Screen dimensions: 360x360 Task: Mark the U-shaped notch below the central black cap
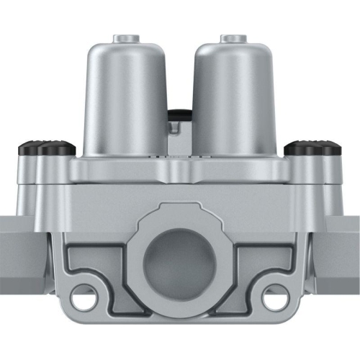(176, 128)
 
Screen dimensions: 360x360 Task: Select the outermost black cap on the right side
(332, 148)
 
